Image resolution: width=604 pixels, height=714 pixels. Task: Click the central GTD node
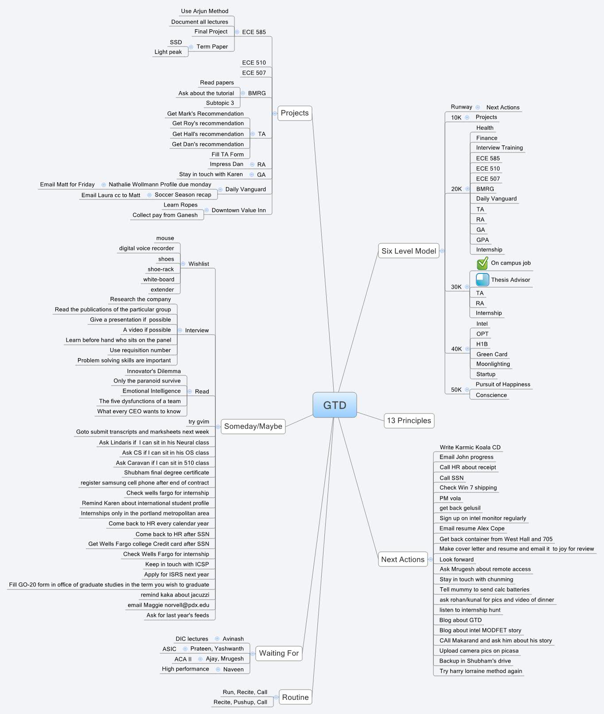point(335,405)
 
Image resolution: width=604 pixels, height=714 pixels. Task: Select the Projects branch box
point(294,113)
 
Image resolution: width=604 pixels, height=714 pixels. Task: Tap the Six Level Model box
point(409,251)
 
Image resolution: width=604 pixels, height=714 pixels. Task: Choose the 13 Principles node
point(409,421)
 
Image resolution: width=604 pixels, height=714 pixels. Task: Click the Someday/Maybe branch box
point(253,426)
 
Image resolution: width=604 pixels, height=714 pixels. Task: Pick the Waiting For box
point(279,653)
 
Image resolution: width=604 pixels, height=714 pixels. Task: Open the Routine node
point(295,697)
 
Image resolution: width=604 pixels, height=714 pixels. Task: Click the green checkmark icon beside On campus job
point(482,264)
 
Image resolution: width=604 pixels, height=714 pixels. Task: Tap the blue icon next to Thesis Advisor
point(482,280)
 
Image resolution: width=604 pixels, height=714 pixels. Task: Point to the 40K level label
point(456,349)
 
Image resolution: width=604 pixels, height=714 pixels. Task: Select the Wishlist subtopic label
point(199,264)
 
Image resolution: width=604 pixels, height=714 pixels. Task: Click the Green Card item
point(491,354)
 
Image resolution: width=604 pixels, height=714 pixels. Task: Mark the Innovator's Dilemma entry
point(154,371)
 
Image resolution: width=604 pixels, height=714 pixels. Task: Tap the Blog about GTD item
point(460,620)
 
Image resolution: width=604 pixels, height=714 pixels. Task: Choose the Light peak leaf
point(168,52)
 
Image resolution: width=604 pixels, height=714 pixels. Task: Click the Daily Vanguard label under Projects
point(245,189)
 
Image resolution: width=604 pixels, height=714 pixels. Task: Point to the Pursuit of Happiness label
point(503,384)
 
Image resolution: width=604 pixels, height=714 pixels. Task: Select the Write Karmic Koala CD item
point(470,447)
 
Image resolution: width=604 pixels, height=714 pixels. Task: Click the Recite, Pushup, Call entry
point(240,702)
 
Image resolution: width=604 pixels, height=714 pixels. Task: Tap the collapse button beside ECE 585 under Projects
point(237,32)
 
